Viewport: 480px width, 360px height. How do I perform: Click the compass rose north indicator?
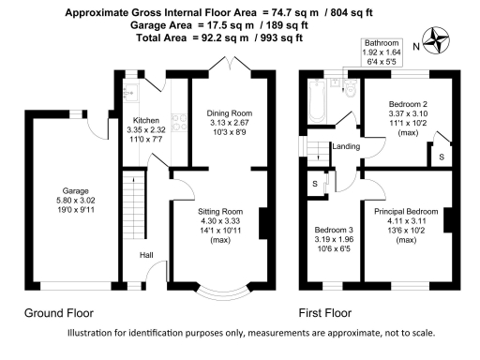pyautogui.click(x=436, y=41)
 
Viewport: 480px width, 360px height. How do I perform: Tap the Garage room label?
pyautogui.click(x=75, y=190)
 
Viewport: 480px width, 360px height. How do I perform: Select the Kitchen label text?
pyautogui.click(x=146, y=120)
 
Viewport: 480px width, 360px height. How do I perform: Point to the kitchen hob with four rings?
pyautogui.click(x=179, y=122)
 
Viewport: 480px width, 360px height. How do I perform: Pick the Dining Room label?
pyautogui.click(x=230, y=113)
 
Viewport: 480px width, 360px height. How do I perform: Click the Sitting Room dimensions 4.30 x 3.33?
pyautogui.click(x=220, y=221)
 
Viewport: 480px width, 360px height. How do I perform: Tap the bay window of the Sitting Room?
pyautogui.click(x=224, y=292)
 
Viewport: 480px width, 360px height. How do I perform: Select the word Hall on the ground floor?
pyautogui.click(x=146, y=255)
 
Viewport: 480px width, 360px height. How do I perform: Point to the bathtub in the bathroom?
pyautogui.click(x=317, y=100)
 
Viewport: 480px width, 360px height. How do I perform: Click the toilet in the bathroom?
pyautogui.click(x=351, y=88)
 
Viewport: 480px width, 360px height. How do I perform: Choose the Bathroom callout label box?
pyautogui.click(x=382, y=52)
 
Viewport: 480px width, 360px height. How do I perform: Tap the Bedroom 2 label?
pyautogui.click(x=408, y=104)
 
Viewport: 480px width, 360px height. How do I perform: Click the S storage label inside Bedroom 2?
pyautogui.click(x=442, y=157)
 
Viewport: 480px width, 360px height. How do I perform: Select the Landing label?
pyautogui.click(x=346, y=146)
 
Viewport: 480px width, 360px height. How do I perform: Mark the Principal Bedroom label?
pyautogui.click(x=406, y=212)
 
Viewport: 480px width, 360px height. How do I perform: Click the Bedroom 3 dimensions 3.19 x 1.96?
pyautogui.click(x=334, y=239)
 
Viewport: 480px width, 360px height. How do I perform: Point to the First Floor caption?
pyautogui.click(x=325, y=313)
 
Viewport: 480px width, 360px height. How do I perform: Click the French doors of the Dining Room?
pyautogui.click(x=230, y=64)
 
